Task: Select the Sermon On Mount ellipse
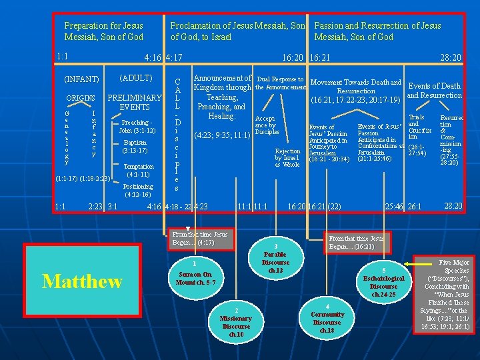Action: tap(195, 273)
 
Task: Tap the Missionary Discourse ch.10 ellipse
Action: tap(236, 322)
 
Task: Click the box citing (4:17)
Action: tap(199, 239)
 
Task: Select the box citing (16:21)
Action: tap(357, 241)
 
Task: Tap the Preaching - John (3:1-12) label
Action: tap(137, 126)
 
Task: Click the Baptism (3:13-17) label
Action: tap(135, 147)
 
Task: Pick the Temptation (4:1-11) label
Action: tap(139, 171)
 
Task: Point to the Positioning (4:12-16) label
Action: tap(138, 191)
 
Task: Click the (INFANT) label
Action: tap(81, 80)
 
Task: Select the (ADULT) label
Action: tap(135, 78)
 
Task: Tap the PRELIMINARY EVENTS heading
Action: tap(135, 102)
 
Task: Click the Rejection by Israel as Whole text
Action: tap(288, 158)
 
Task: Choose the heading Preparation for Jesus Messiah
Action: tap(103, 31)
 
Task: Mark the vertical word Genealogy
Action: tap(67, 137)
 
